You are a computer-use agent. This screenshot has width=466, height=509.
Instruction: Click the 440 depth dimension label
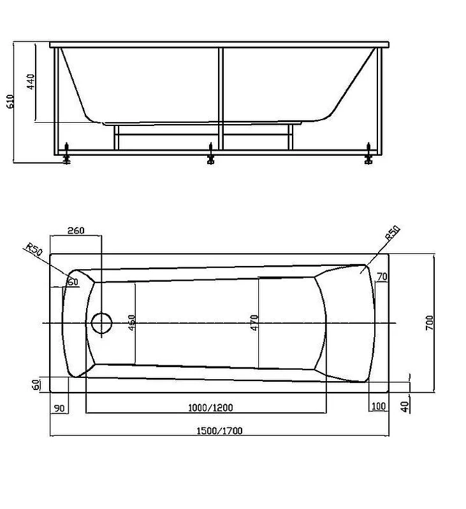pos(31,82)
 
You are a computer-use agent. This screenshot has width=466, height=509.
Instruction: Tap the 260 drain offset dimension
pos(75,230)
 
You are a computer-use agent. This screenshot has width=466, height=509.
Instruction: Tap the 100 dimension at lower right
pos(379,407)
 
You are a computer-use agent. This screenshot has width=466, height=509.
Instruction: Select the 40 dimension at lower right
pos(405,406)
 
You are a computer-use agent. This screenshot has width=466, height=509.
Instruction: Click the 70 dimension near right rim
pos(382,276)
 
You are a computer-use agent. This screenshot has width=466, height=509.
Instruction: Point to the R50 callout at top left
pos(34,250)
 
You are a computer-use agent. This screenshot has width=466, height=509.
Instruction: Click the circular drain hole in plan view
pos(101,323)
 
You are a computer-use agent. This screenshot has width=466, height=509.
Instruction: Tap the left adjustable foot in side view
pos(66,156)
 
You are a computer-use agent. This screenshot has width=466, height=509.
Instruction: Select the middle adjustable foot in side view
pos(211,157)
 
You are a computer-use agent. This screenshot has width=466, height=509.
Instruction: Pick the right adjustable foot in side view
pos(368,156)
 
